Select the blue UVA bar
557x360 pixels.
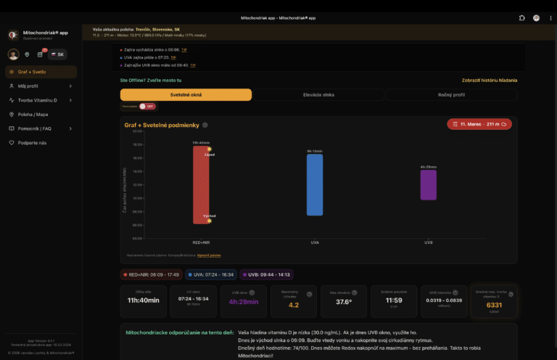(x=314, y=184)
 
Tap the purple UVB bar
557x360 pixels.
(x=428, y=184)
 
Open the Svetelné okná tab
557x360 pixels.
(x=186, y=95)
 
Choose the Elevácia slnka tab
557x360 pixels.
(x=318, y=95)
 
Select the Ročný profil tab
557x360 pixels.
(x=451, y=95)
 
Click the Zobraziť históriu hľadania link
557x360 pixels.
(x=490, y=80)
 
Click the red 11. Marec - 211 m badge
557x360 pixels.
(x=479, y=124)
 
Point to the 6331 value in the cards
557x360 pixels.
(x=493, y=305)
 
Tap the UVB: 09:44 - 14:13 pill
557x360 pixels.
(x=266, y=274)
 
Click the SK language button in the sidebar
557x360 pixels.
(x=57, y=54)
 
